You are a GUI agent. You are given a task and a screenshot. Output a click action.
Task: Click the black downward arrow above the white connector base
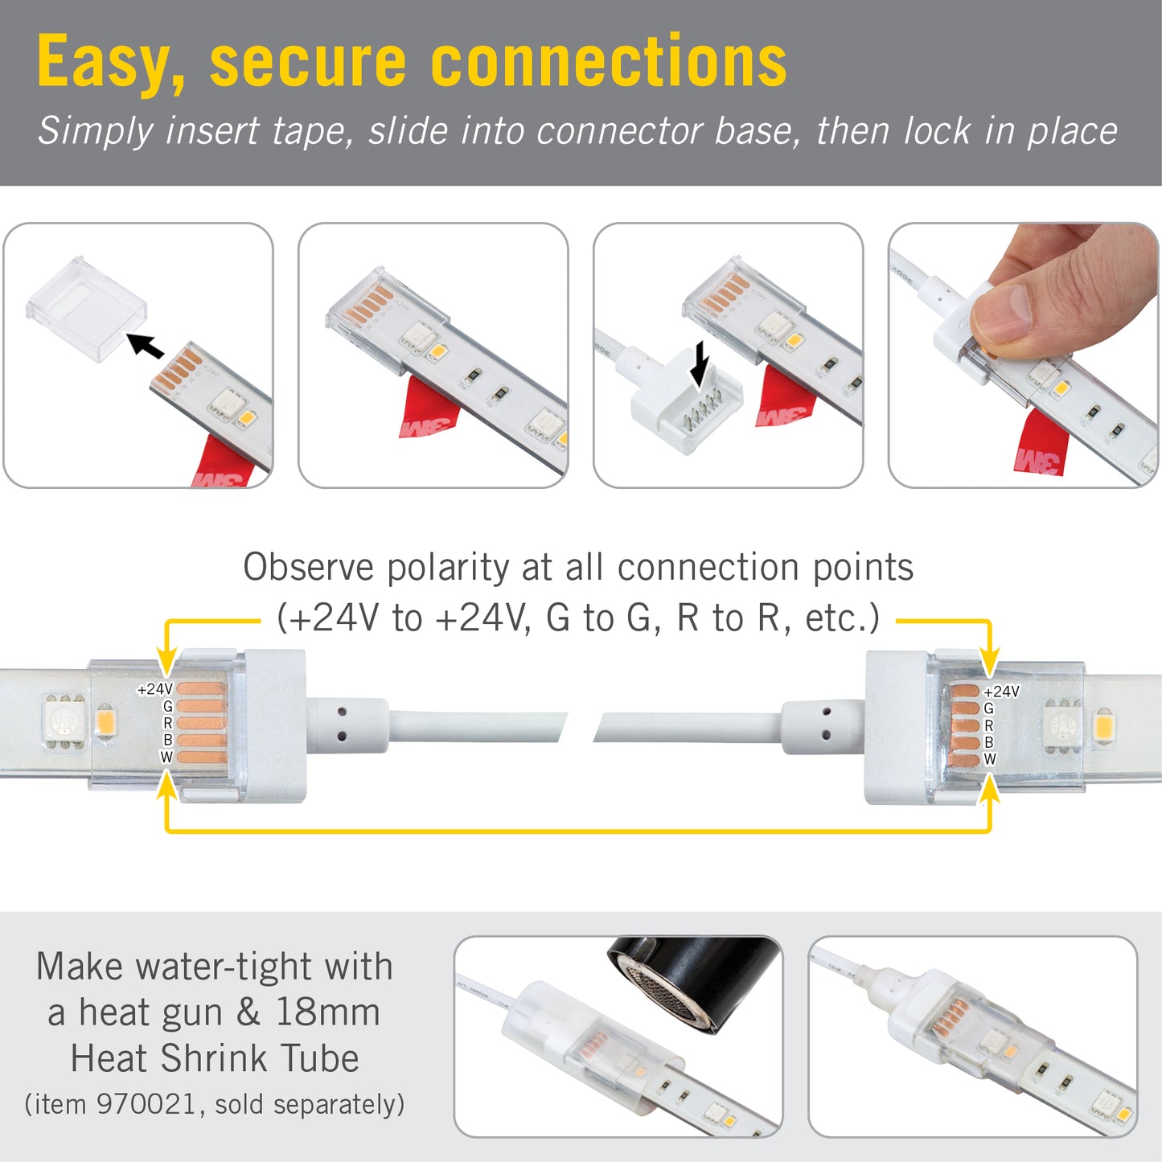[x=700, y=363]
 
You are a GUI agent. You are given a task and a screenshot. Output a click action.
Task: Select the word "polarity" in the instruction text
[x=448, y=568]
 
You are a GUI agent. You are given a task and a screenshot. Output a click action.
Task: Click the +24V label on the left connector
[x=155, y=689]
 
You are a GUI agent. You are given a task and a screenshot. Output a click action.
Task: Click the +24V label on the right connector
[x=1001, y=692]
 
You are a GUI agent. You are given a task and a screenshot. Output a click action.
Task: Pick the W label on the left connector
[x=166, y=757]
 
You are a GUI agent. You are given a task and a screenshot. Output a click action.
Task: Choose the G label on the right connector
[x=988, y=708]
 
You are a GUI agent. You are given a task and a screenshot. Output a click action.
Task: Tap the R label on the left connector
[x=167, y=723]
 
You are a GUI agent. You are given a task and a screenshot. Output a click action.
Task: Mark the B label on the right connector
[x=988, y=742]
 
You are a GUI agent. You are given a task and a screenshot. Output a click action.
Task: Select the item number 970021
[x=146, y=1104]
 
